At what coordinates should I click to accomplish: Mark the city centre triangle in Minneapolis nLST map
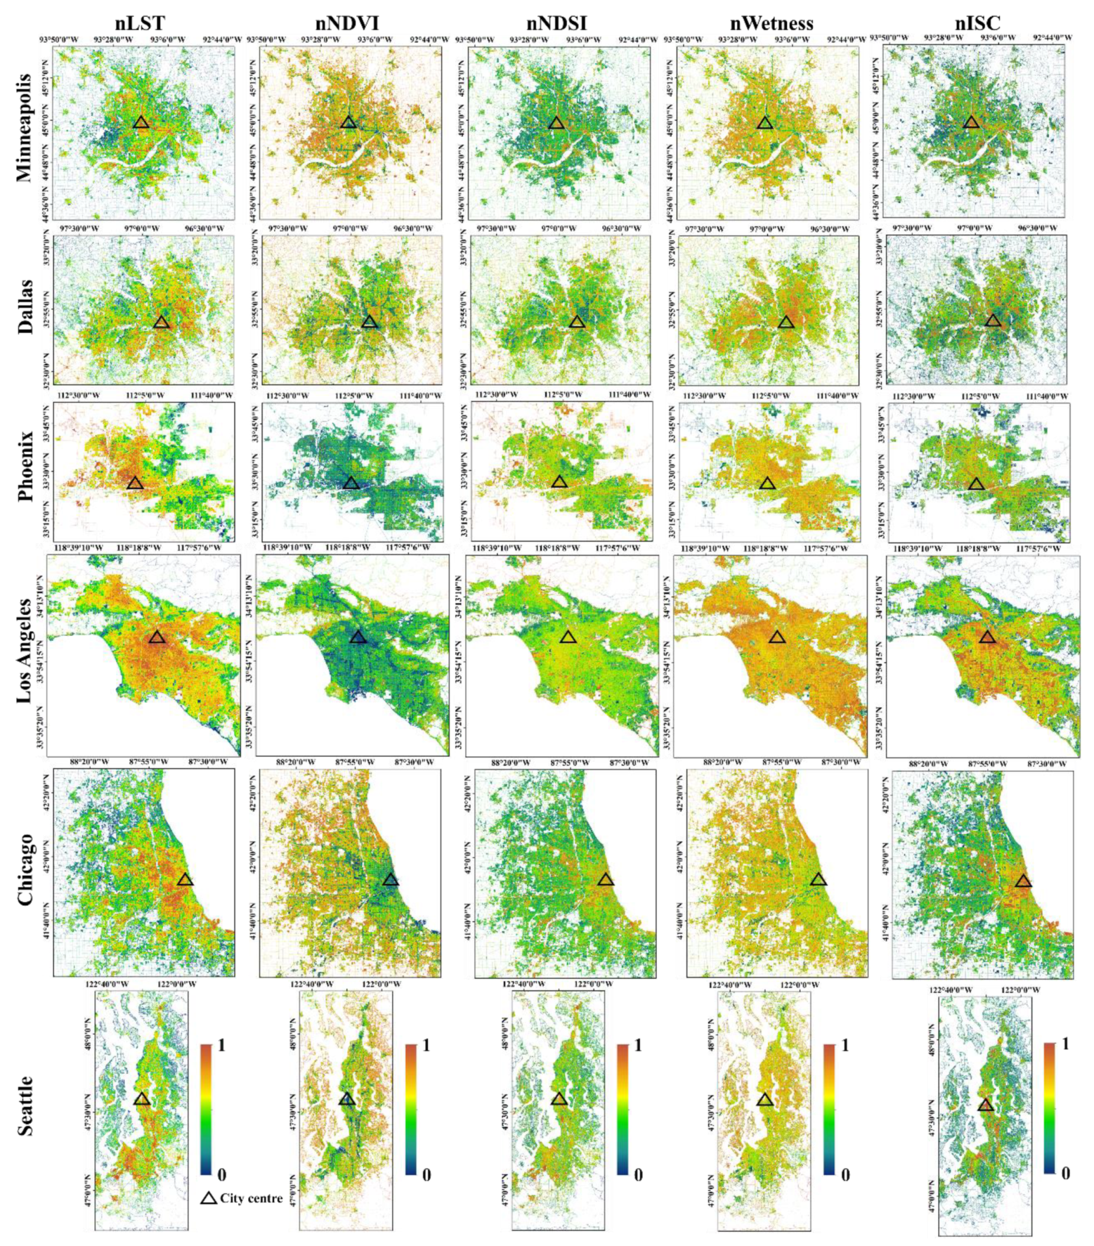pyautogui.click(x=141, y=122)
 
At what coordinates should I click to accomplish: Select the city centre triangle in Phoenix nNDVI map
pyautogui.click(x=350, y=484)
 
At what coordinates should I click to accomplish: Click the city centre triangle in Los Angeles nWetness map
pyautogui.click(x=777, y=638)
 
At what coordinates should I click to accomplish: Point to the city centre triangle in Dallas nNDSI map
pyautogui.click(x=577, y=322)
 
